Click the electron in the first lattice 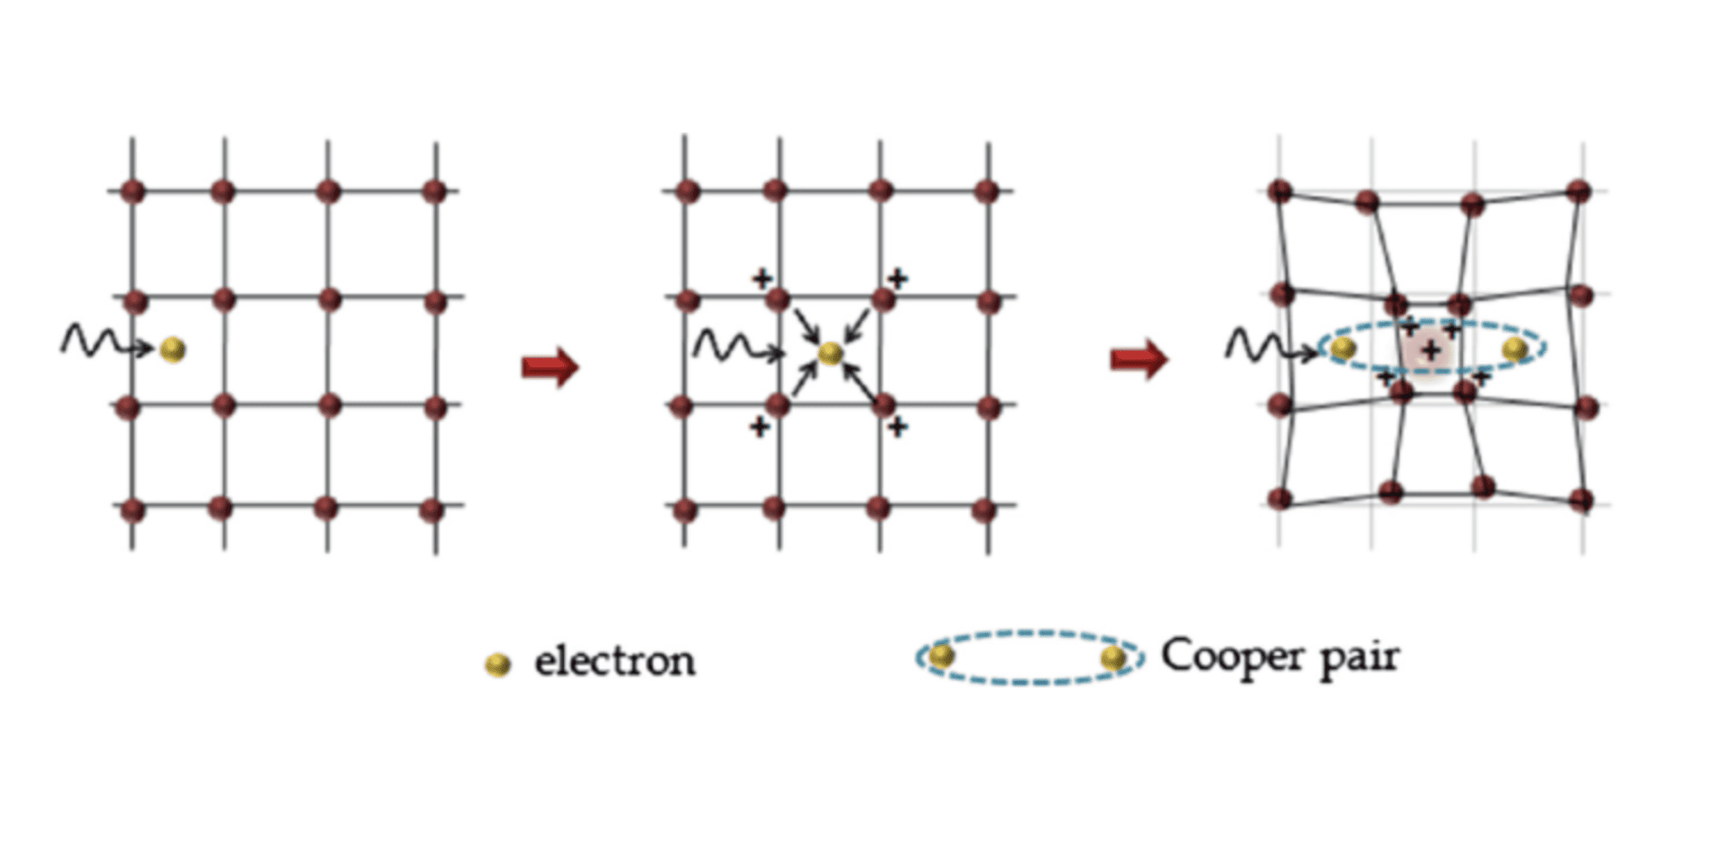(173, 349)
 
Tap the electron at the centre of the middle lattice (830, 353)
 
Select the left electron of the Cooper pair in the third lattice (1343, 349)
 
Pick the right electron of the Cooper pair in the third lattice (1514, 349)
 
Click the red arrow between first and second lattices (550, 367)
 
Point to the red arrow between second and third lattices (1139, 358)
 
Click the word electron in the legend (614, 661)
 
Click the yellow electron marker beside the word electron (497, 665)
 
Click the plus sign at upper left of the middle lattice (762, 279)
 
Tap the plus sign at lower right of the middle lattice (896, 426)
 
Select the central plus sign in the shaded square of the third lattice (1431, 351)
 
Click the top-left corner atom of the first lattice (132, 192)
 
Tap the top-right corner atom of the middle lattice (987, 192)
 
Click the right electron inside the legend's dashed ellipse (1113, 658)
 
